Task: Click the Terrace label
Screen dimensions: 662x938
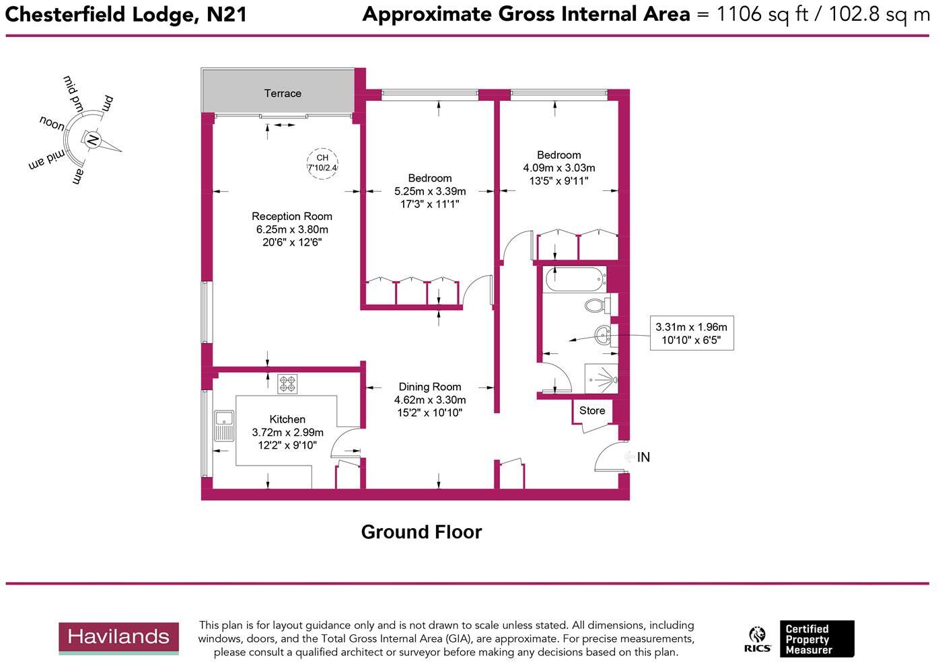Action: pyautogui.click(x=283, y=94)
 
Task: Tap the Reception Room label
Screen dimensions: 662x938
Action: pyautogui.click(x=292, y=216)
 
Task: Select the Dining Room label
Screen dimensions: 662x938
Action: pyautogui.click(x=430, y=387)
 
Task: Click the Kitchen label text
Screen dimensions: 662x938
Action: pyautogui.click(x=287, y=419)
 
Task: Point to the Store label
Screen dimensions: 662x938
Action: pyautogui.click(x=592, y=410)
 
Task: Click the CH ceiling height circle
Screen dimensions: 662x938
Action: pyautogui.click(x=322, y=163)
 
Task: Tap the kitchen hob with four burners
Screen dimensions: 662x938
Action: pyautogui.click(x=288, y=384)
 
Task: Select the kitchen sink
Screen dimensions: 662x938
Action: pyautogui.click(x=223, y=425)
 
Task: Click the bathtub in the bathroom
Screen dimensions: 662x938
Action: pyautogui.click(x=575, y=279)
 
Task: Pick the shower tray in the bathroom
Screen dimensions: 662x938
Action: pyautogui.click(x=601, y=379)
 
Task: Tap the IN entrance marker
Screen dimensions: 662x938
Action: pyautogui.click(x=643, y=457)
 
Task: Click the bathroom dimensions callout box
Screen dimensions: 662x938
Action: pyautogui.click(x=691, y=334)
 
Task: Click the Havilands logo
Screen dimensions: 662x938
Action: pyautogui.click(x=118, y=638)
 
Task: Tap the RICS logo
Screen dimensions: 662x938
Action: pyautogui.click(x=758, y=639)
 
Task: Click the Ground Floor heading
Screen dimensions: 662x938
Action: pyautogui.click(x=421, y=532)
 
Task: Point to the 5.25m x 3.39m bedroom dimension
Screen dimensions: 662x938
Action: pyautogui.click(x=430, y=191)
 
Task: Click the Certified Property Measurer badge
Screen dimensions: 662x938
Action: pyautogui.click(x=817, y=639)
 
